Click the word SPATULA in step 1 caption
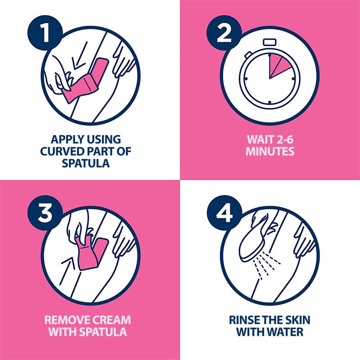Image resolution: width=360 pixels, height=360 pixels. (x=85, y=163)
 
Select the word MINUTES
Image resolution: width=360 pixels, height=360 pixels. (x=270, y=151)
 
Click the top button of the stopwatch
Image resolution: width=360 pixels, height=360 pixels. (x=269, y=42)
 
